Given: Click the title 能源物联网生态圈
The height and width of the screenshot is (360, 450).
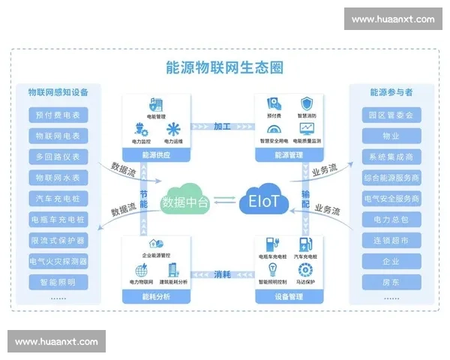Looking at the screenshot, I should point(225,67).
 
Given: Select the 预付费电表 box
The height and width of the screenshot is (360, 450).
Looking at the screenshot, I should point(58,115).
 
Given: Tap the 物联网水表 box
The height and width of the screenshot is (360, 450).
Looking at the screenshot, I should point(58,178).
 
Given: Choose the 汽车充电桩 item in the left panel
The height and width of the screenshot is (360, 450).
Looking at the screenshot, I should point(58,199).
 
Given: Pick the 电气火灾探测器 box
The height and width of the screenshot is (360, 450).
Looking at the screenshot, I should point(58,262).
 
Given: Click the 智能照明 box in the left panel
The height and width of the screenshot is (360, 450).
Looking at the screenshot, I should point(58,283).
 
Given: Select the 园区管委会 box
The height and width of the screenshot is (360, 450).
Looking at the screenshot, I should point(391,115).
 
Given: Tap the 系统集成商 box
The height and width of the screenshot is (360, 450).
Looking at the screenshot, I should point(391,157).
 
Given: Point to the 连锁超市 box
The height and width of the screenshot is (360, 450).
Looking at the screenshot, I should point(391,241).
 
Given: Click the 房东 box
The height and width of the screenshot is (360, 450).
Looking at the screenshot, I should point(391,283).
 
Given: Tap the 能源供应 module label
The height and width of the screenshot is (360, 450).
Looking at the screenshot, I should point(154,155).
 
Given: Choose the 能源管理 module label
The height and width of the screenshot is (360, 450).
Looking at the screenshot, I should point(289,155).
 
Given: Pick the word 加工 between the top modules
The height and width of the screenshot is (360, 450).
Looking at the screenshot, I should point(222,125).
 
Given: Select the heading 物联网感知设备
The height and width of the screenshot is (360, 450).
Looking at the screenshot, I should point(58,92).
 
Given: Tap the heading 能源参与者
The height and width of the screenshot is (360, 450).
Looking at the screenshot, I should point(391,92).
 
